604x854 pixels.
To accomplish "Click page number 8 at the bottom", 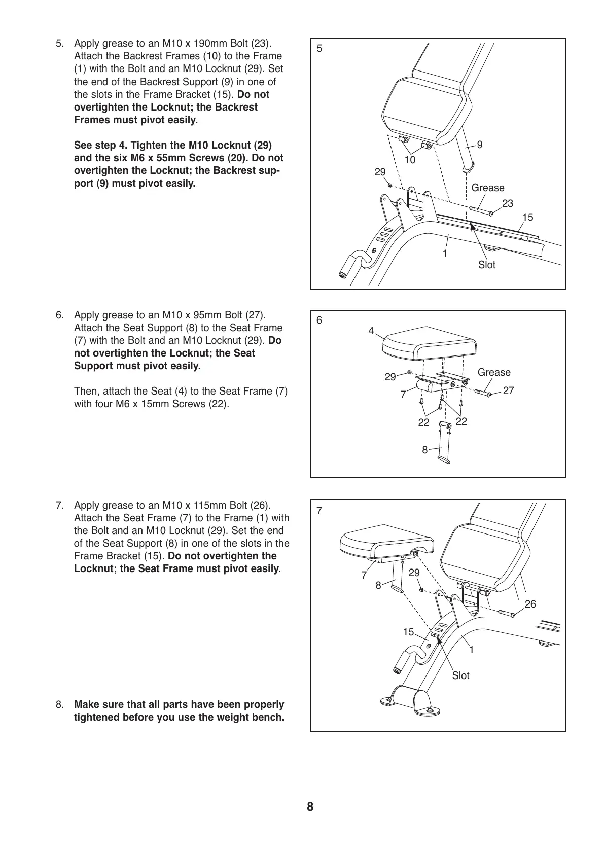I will [x=310, y=806].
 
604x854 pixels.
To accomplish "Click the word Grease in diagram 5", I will [x=487, y=188].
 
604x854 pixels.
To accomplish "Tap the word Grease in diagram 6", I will [x=493, y=372].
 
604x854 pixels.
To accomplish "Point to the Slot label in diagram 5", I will [x=486, y=265].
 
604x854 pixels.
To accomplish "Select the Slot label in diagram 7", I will [x=460, y=675].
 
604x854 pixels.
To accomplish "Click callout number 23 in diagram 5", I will [x=507, y=203].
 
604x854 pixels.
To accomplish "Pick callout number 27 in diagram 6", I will [x=508, y=390].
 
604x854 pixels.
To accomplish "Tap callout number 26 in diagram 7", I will [x=530, y=604].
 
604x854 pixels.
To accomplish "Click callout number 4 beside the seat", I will [x=371, y=331].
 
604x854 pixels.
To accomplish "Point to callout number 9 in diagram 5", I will [x=480, y=145].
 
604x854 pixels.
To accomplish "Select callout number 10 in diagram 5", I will [x=410, y=160].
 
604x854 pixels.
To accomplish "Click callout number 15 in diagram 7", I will [x=408, y=632].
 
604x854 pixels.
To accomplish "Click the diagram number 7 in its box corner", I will [x=319, y=511].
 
